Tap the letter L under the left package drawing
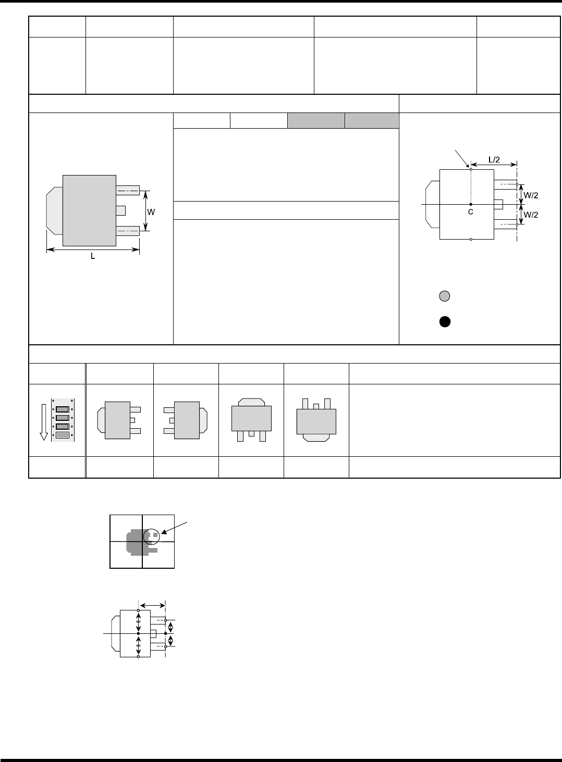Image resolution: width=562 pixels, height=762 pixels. click(x=93, y=256)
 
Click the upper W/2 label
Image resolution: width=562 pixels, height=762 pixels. click(x=531, y=195)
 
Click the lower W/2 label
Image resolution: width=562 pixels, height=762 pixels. click(x=531, y=215)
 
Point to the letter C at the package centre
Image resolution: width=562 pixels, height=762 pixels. click(x=470, y=212)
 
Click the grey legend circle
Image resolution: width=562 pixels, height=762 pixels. click(x=444, y=296)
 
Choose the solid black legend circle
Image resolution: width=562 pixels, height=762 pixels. click(x=444, y=321)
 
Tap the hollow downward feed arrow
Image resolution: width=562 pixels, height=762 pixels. click(x=44, y=420)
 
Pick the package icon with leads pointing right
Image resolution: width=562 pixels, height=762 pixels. click(x=119, y=420)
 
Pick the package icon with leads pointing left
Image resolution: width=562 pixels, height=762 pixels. click(x=186, y=420)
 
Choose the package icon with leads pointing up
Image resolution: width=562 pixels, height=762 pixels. click(x=316, y=420)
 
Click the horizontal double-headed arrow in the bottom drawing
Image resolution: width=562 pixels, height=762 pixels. click(x=152, y=605)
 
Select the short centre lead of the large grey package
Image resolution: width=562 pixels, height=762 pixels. click(x=121, y=210)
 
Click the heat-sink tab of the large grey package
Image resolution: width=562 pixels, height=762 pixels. click(x=54, y=211)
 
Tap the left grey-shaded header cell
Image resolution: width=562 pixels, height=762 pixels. click(x=316, y=121)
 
